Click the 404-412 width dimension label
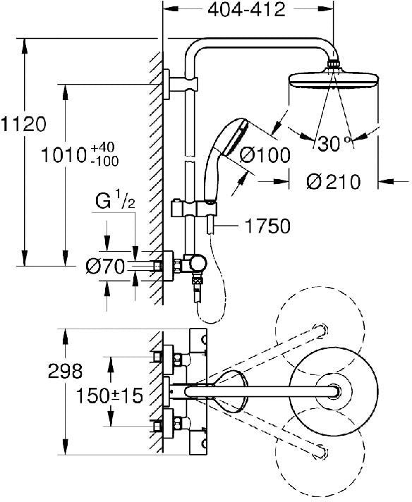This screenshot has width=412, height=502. pyautogui.click(x=241, y=11)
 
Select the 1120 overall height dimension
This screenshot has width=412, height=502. pyautogui.click(x=23, y=125)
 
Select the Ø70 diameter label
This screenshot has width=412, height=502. pyautogui.click(x=105, y=266)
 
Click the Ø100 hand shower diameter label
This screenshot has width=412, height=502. pyautogui.click(x=265, y=156)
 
